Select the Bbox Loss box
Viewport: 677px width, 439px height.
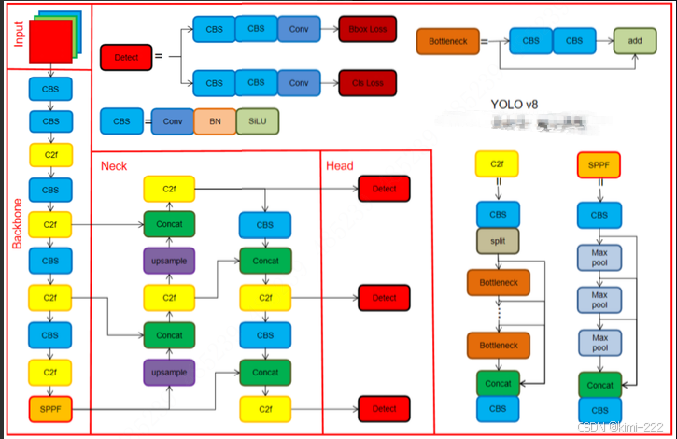coord(367,28)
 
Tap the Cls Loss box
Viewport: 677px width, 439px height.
coord(367,83)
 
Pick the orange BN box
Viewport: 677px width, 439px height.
coord(215,121)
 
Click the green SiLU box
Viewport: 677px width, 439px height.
coord(257,121)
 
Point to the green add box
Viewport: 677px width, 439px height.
coord(634,41)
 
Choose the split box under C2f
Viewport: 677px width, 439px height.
coord(497,242)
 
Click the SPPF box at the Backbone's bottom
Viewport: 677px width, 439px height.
coord(50,408)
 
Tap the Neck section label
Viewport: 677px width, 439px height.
coord(114,165)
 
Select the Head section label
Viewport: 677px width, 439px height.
coord(339,165)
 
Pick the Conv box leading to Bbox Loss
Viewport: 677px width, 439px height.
coord(299,28)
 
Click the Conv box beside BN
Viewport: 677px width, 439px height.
coord(172,121)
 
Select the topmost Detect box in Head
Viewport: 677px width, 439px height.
coord(384,189)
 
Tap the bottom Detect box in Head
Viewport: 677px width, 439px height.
coord(384,408)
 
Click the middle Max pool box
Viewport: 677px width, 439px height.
coord(599,300)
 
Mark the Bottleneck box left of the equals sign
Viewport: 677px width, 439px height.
coord(446,42)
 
